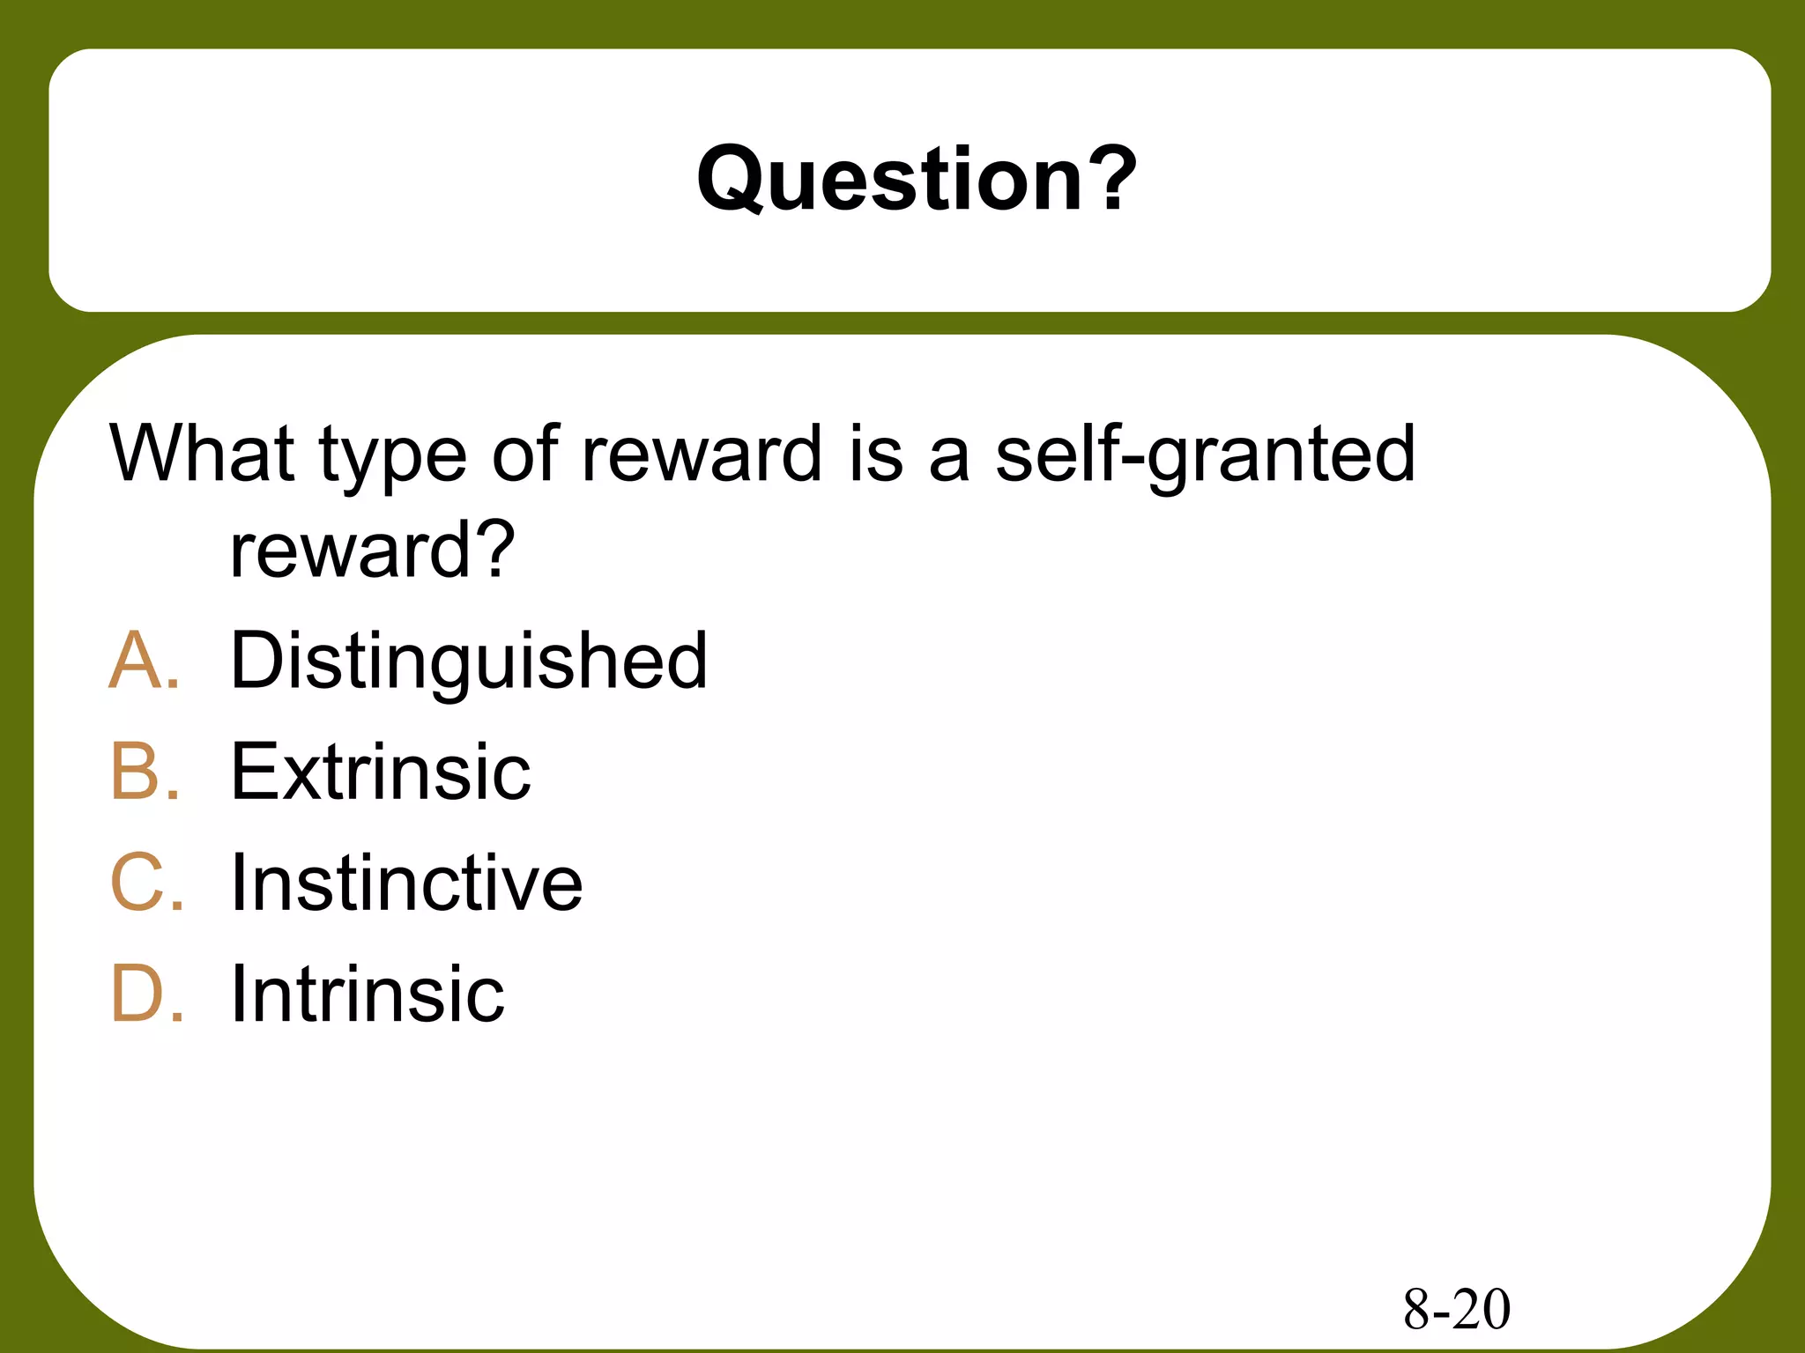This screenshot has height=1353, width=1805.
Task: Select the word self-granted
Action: [1205, 456]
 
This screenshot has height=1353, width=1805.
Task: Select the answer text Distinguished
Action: [468, 661]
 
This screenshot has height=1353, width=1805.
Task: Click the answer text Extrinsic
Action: [380, 772]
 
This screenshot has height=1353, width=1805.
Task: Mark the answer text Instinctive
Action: [405, 883]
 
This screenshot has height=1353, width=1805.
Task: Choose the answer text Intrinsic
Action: [367, 994]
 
